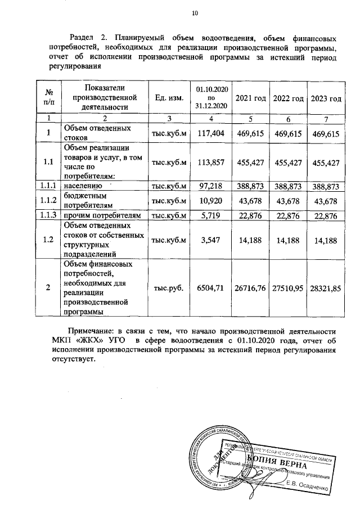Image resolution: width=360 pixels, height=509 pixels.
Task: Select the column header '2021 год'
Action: pos(250,98)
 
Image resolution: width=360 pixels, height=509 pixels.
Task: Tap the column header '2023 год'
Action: pos(326,98)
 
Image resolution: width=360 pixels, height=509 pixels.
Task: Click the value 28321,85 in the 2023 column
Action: pos(326,287)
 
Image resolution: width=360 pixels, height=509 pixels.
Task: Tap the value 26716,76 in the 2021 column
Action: pos(250,287)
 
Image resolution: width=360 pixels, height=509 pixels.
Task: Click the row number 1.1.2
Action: pos(48,201)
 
